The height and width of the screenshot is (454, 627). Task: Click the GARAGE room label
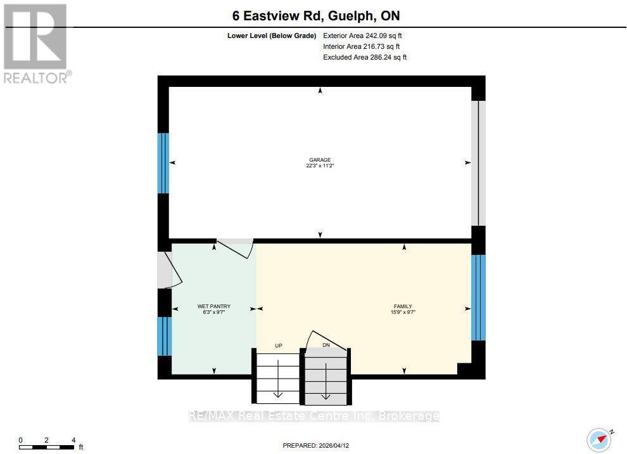tap(319, 160)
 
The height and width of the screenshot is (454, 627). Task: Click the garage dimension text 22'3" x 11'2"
tap(319, 166)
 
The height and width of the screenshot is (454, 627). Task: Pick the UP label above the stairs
tap(278, 346)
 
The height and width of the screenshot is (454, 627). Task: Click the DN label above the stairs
tap(326, 346)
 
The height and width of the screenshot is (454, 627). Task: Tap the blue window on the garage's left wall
tap(163, 163)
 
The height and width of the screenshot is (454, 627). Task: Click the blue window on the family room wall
tap(478, 297)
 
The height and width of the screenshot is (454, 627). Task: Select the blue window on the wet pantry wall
tap(164, 336)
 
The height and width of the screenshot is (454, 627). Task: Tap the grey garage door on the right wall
tap(481, 163)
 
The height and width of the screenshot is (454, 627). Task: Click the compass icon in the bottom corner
tap(598, 439)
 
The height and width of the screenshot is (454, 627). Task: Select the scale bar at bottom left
tap(47, 445)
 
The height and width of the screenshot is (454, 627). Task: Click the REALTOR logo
tap(36, 43)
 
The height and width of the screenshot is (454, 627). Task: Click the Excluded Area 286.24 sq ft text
tap(365, 57)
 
